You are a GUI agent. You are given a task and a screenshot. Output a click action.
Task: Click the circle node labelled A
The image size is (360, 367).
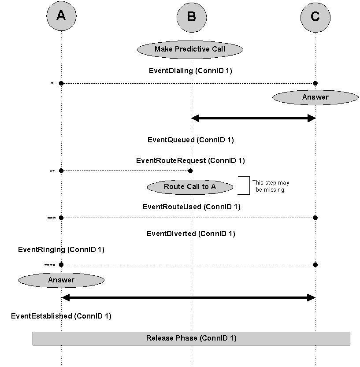point(61,16)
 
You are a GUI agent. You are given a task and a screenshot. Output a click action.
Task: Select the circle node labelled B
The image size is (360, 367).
point(191,17)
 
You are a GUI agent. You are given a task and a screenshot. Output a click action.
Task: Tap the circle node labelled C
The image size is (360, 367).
point(315,17)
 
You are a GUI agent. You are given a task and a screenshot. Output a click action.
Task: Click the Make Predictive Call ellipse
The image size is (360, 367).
point(190,49)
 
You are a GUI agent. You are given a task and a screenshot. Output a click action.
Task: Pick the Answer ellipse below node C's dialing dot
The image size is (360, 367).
point(315,97)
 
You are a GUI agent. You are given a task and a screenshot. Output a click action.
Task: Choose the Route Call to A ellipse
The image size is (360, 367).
point(190,187)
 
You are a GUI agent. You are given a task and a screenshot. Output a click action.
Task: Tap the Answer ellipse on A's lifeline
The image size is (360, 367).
point(61,280)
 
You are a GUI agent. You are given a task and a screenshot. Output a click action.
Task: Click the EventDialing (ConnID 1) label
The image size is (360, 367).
point(190,70)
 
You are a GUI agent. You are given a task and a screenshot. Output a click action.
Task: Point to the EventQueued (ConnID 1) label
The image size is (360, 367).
point(190,140)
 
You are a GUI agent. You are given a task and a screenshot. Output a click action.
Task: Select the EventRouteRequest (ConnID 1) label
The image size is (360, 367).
point(190,161)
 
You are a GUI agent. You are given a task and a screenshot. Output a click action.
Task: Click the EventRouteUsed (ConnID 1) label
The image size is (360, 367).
point(191,207)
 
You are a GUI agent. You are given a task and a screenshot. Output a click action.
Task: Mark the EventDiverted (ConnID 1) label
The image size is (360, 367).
point(191,234)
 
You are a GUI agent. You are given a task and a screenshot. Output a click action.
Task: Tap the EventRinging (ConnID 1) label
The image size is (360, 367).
point(61,250)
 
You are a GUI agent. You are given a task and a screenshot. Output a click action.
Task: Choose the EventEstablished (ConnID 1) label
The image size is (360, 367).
point(61,316)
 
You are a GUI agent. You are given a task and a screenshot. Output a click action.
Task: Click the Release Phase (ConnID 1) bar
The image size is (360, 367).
point(191,338)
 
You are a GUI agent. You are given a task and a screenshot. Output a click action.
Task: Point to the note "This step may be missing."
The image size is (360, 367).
point(271,186)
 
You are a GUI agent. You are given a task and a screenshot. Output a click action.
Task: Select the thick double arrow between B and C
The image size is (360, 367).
point(253,118)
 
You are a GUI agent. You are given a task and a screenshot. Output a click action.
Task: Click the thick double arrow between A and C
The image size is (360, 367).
point(188,298)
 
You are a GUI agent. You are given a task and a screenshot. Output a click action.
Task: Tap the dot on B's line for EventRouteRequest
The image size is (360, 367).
point(190,171)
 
